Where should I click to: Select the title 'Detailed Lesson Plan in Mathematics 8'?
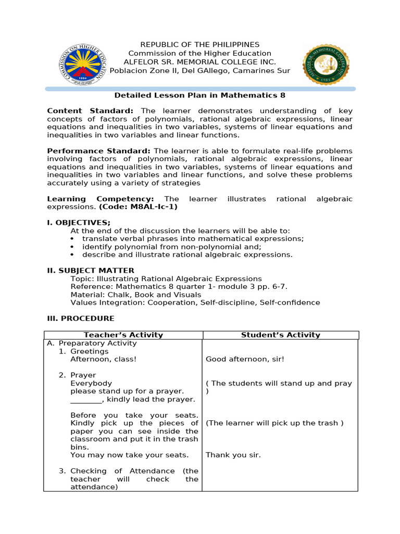click(199, 95)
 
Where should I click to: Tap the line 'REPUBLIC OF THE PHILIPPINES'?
click(199, 45)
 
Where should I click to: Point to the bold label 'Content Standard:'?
click(90, 111)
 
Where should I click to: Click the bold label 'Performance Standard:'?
click(99, 151)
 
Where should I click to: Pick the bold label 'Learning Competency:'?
click(100, 199)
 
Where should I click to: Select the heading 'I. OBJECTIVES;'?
click(79, 223)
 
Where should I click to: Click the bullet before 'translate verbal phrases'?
click(72, 239)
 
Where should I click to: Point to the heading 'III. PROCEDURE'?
click(81, 319)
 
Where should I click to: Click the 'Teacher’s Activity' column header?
click(123, 335)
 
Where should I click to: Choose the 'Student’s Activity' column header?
click(281, 335)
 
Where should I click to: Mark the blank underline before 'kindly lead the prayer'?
click(86, 399)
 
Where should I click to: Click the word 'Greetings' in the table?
click(90, 351)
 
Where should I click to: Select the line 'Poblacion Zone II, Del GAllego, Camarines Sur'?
click(199, 71)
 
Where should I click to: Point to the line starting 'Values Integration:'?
click(195, 302)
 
